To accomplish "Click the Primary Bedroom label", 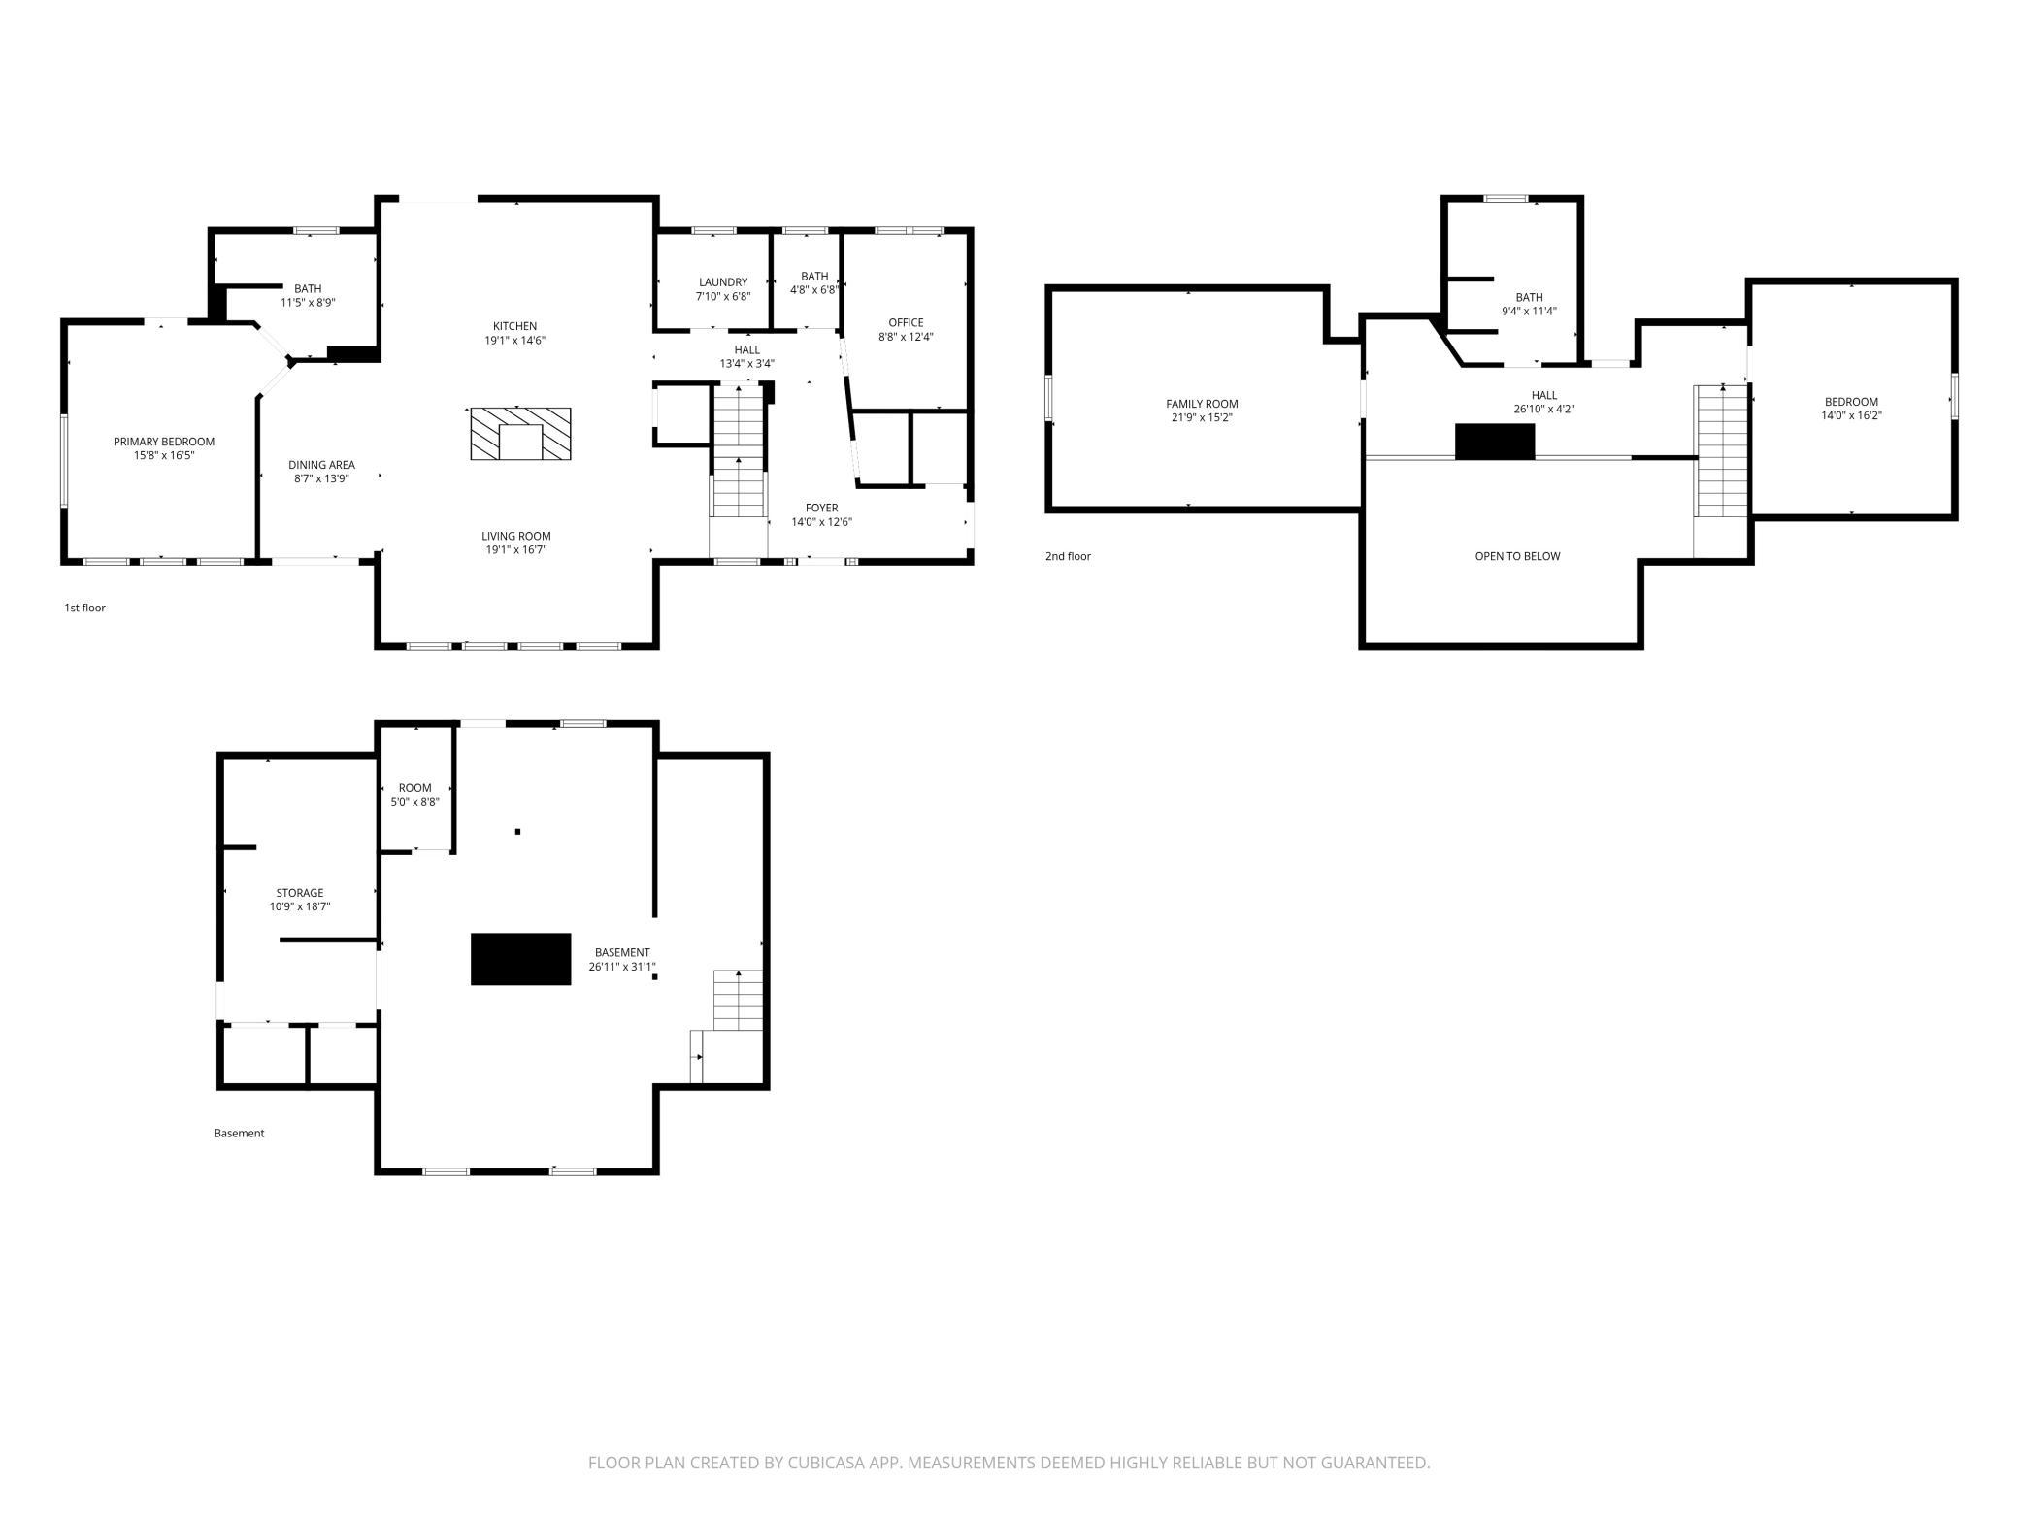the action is pyautogui.click(x=164, y=442).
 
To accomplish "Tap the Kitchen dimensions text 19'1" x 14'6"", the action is pyautogui.click(x=514, y=341).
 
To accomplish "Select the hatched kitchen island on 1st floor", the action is pyautogui.click(x=520, y=434).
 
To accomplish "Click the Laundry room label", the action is pyautogui.click(x=723, y=282).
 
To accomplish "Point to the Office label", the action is pyautogui.click(x=906, y=323).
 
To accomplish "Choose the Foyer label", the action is pyautogui.click(x=821, y=508).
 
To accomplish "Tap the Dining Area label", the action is pyautogui.click(x=321, y=465).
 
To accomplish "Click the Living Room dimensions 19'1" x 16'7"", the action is pyautogui.click(x=515, y=550).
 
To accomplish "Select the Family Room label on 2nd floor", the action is pyautogui.click(x=1202, y=404).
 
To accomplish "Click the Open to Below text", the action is pyautogui.click(x=1517, y=556).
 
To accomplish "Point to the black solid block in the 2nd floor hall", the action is pyautogui.click(x=1495, y=442).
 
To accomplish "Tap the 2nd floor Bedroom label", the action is pyautogui.click(x=1851, y=402).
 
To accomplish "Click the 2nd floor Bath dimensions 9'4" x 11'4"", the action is pyautogui.click(x=1529, y=312).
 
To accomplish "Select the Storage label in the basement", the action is pyautogui.click(x=300, y=893).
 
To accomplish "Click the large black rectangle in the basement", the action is pyautogui.click(x=521, y=959).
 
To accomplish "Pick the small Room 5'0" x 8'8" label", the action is pyautogui.click(x=414, y=795).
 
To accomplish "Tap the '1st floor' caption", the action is pyautogui.click(x=84, y=608).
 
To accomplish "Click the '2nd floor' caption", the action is pyautogui.click(x=1068, y=556).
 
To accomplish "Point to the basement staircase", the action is pyautogui.click(x=739, y=1000).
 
